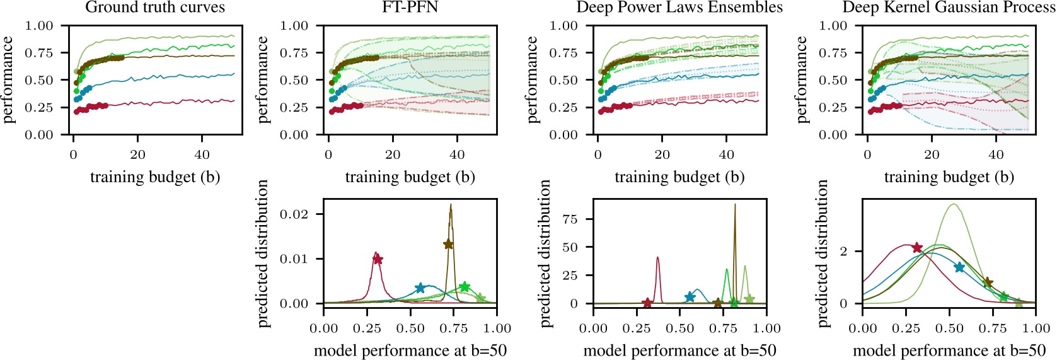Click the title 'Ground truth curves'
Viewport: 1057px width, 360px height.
(155, 8)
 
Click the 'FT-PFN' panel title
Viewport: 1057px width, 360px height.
(410, 8)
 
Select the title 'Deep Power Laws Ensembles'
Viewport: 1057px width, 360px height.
(679, 8)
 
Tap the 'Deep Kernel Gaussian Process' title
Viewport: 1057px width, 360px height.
(949, 8)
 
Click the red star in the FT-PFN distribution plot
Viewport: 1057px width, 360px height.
(378, 259)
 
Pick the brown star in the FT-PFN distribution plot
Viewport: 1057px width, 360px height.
(448, 245)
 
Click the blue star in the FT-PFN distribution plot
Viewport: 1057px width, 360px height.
(420, 288)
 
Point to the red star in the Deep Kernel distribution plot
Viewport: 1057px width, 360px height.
(917, 248)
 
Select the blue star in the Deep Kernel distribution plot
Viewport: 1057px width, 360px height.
(959, 267)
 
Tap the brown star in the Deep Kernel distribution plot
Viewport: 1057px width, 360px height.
(988, 283)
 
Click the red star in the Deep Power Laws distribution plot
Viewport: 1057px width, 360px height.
(647, 303)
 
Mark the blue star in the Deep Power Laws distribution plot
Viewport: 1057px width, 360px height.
(690, 297)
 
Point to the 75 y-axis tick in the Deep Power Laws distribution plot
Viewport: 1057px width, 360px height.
(570, 219)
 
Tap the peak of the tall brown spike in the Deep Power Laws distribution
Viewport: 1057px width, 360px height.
(734, 204)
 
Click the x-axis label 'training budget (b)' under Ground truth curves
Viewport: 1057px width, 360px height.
(155, 177)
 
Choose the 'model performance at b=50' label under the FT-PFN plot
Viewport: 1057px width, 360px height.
(410, 351)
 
